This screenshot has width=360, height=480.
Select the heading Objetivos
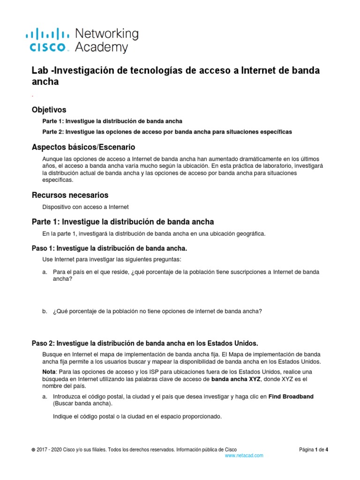click(49, 110)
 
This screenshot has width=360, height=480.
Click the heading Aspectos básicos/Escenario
click(83, 147)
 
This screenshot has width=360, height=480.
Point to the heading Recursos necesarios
click(70, 195)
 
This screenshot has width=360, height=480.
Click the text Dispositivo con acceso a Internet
click(85, 207)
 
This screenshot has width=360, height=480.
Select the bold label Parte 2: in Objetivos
click(54, 132)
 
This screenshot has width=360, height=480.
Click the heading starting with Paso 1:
click(109, 247)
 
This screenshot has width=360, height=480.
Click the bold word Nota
click(49, 371)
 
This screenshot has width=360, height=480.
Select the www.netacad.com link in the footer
click(244, 455)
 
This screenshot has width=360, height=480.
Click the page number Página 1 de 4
click(314, 449)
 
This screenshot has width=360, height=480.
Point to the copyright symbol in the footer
click(33, 450)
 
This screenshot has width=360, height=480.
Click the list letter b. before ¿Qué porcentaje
click(45, 311)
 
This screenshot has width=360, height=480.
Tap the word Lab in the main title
click(39, 70)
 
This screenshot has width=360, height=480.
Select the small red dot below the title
click(32, 96)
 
